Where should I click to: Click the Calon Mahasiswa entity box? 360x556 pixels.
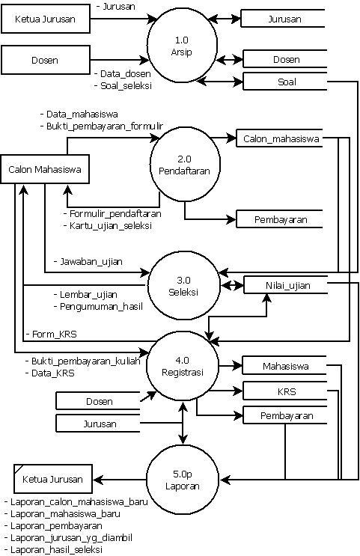point(44,170)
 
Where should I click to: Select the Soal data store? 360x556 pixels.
point(285,80)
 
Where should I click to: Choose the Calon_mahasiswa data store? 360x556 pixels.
point(281,138)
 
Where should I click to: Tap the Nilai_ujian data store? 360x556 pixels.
point(287,285)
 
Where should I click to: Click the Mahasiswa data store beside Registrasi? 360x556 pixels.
point(285,367)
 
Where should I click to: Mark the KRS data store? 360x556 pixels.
point(285,391)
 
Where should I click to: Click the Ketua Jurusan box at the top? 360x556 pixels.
point(45,19)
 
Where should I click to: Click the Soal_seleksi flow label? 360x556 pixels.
point(124,86)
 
